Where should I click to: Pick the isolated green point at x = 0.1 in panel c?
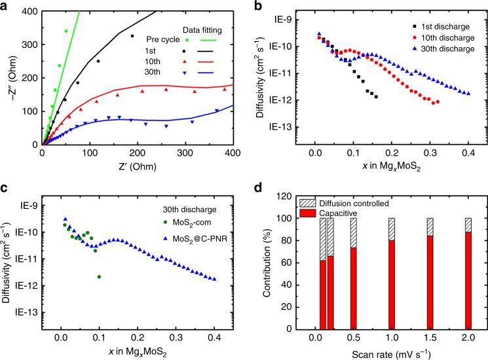[x=99, y=277]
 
